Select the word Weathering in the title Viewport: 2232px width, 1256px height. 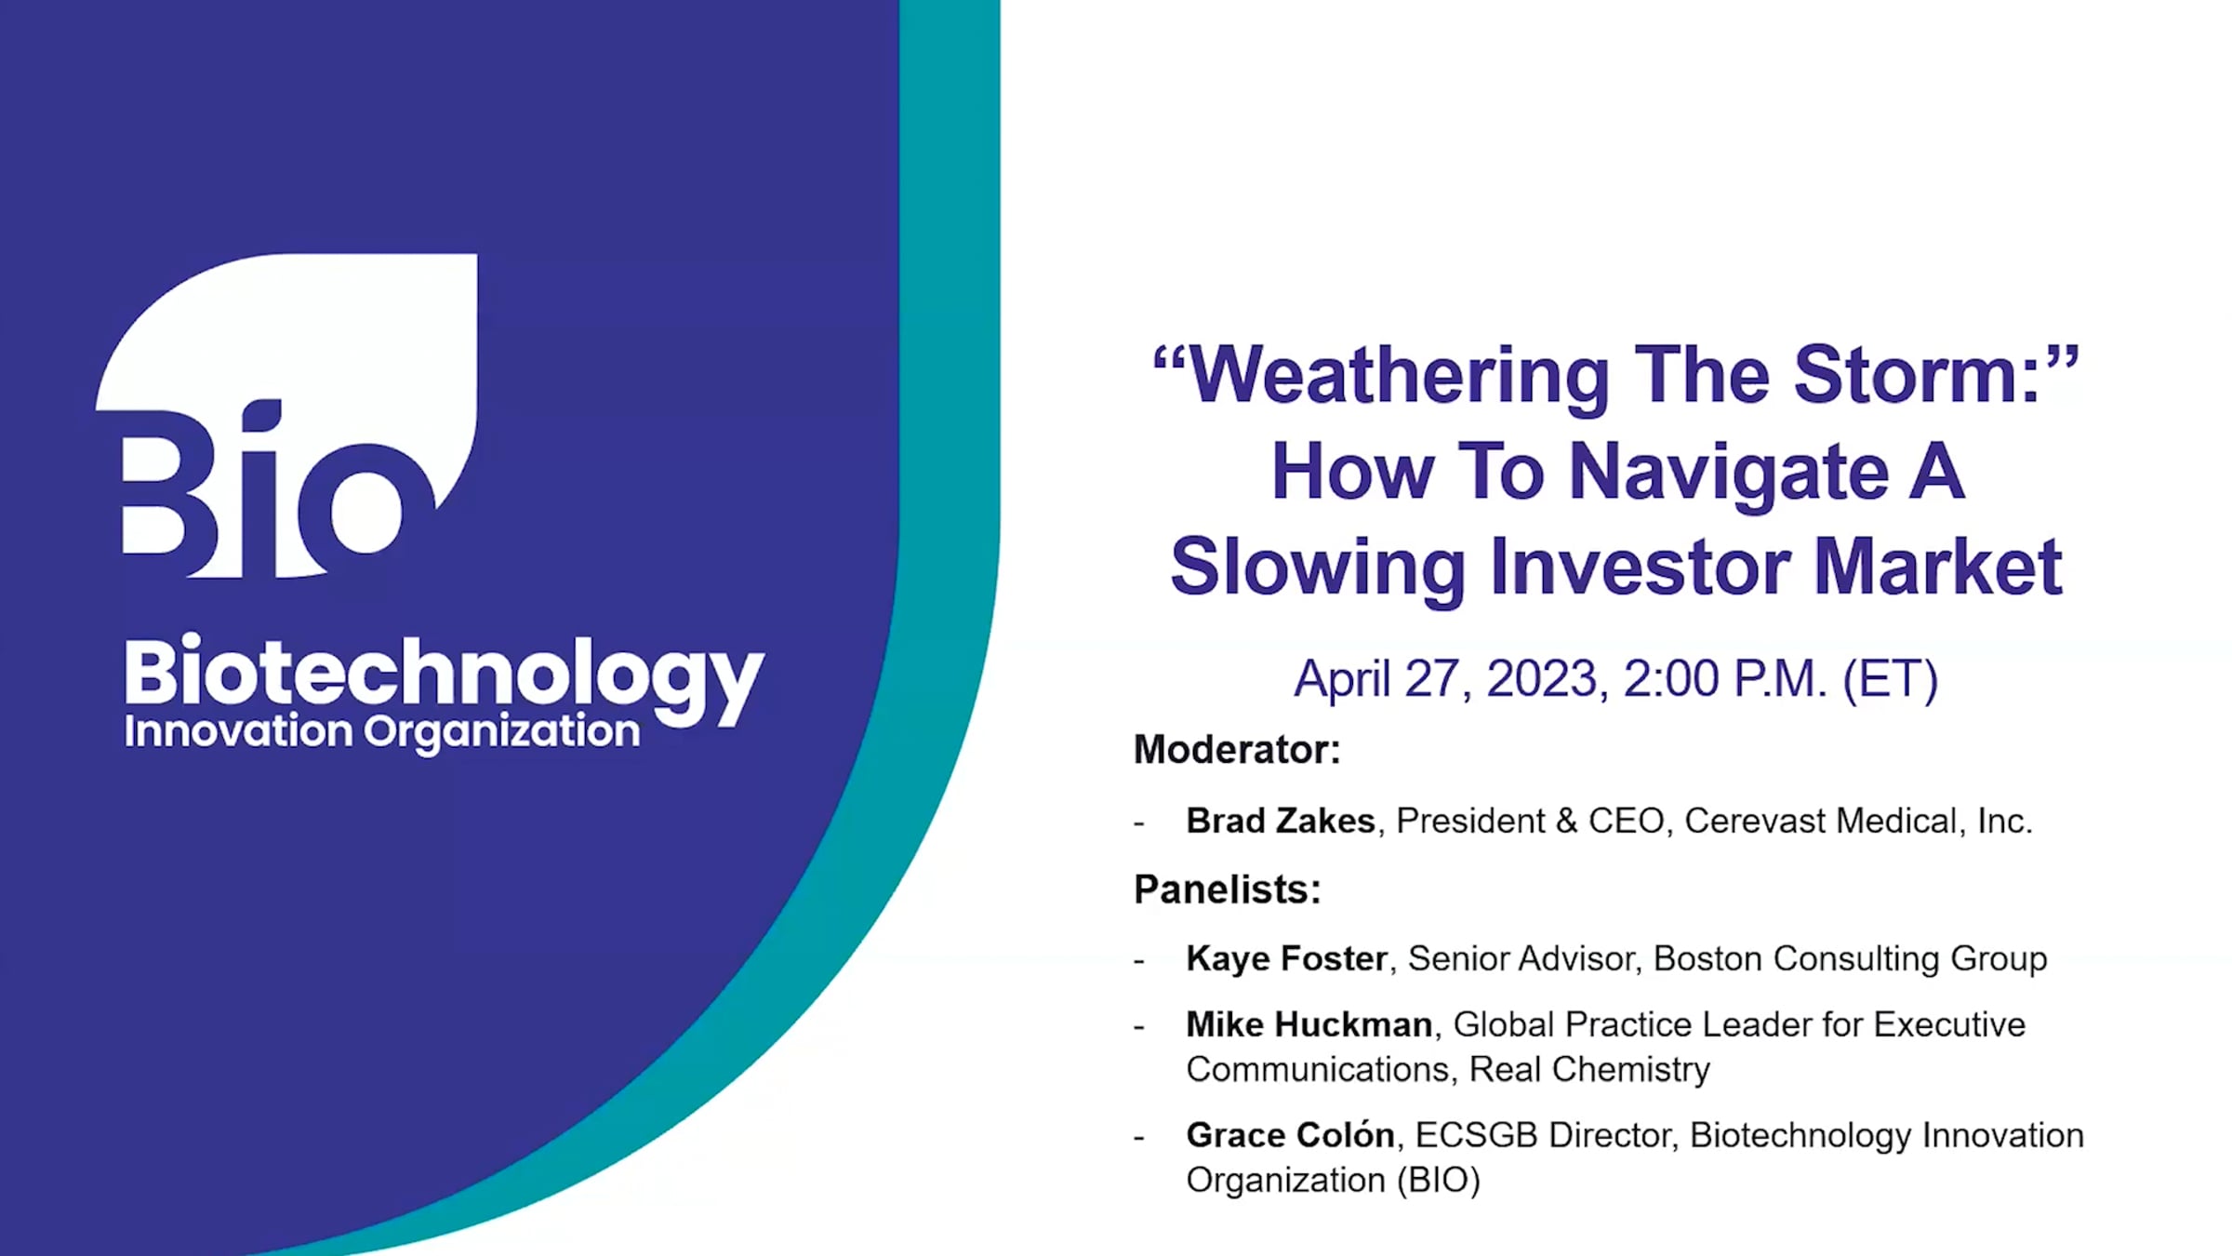[x=1399, y=378]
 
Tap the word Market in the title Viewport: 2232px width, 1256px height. [x=1938, y=567]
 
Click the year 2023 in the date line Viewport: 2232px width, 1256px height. [x=1542, y=678]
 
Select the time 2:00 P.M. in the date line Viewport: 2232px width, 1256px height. [x=1726, y=678]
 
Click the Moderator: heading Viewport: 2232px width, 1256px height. [x=1237, y=750]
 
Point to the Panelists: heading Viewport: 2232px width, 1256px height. [x=1228, y=889]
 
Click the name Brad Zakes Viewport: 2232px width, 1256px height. [x=1281, y=821]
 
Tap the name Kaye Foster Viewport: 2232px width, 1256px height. [x=1287, y=958]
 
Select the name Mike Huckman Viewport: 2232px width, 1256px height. [x=1309, y=1024]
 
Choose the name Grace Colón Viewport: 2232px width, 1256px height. [x=1291, y=1135]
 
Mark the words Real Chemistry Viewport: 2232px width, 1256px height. [x=1589, y=1070]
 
